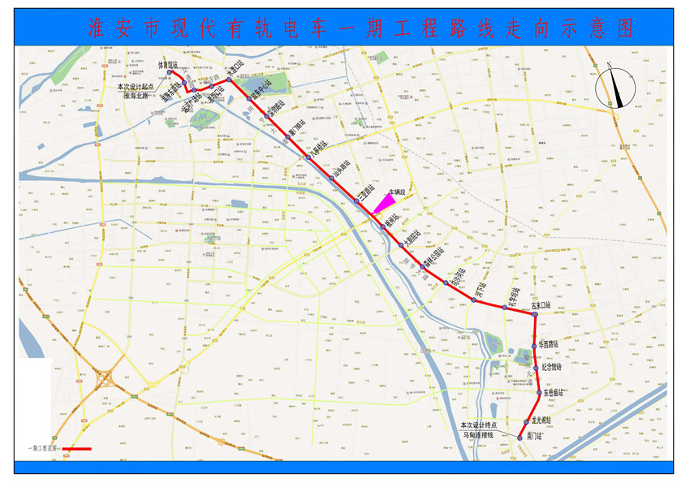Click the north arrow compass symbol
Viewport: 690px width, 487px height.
(x=616, y=86)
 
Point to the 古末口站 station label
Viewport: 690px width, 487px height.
(x=541, y=306)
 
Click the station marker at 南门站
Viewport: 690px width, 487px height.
(x=519, y=438)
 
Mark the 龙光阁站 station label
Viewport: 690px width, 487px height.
(x=541, y=420)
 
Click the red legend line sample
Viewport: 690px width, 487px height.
(x=76, y=449)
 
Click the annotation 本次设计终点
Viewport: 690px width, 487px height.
(x=480, y=425)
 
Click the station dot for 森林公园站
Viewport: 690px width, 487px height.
(x=422, y=266)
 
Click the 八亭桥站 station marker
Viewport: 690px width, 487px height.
(x=307, y=157)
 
